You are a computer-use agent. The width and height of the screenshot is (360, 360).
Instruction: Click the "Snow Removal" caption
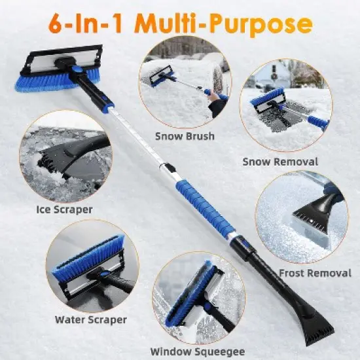pos(280,161)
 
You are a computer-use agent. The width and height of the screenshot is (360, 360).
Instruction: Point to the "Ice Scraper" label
pos(64,209)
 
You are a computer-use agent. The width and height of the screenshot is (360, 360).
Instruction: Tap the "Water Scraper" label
pos(91,320)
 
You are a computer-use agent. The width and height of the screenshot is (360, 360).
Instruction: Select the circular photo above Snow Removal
pos(283,108)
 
